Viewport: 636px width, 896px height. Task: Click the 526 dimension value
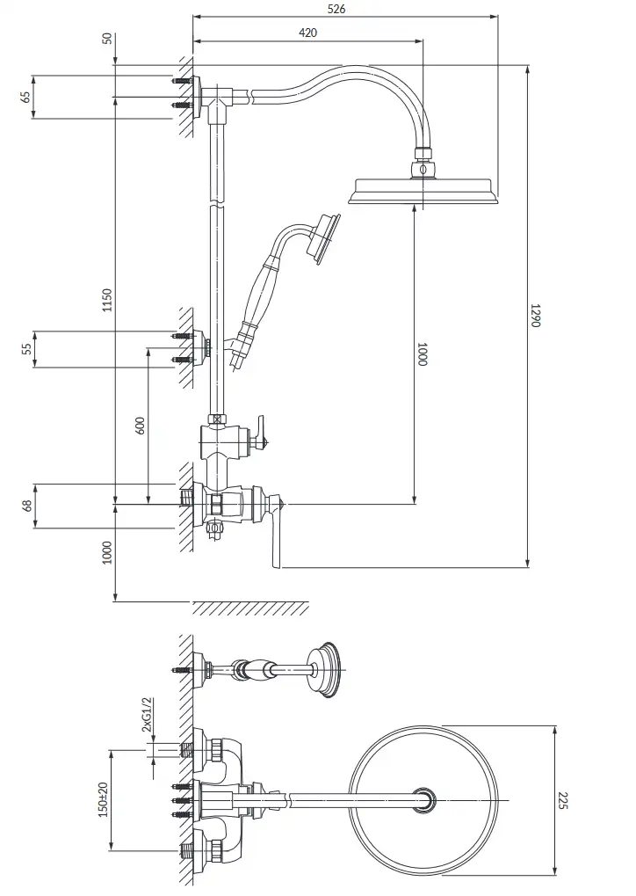(336, 9)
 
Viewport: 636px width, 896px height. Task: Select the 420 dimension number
(307, 33)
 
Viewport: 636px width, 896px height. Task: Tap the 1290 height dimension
(535, 315)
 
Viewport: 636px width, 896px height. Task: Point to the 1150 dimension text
(107, 301)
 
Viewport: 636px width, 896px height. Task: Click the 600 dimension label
(141, 426)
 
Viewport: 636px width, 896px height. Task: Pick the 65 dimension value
(25, 96)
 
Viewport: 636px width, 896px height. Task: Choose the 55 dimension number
(27, 348)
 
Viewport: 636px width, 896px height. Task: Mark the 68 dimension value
(27, 506)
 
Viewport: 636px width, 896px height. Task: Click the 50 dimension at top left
(107, 40)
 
